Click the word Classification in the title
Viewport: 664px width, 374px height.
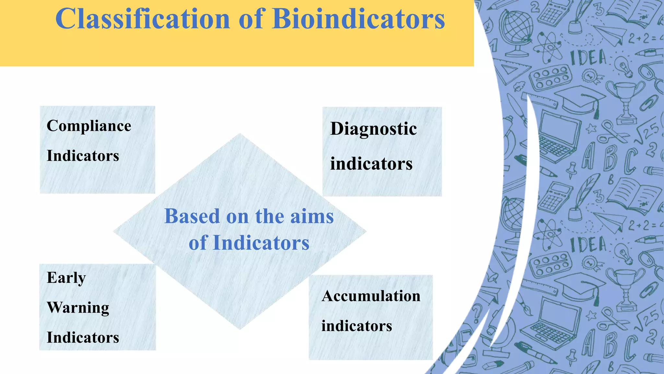pos(142,19)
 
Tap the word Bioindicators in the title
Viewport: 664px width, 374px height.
pos(359,19)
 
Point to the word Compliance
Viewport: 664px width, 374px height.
pos(89,126)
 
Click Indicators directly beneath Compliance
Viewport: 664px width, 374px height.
pos(83,156)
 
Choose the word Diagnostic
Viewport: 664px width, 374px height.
pos(373,129)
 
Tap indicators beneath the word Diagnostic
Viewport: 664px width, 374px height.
pos(371,164)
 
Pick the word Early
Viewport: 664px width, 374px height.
pos(66,278)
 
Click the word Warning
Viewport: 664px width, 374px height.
pos(78,308)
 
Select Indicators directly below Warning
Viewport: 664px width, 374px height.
pos(83,338)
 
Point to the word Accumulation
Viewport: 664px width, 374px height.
pos(371,296)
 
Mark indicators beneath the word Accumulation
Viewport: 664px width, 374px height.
pos(357,326)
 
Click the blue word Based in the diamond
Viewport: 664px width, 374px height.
pos(192,216)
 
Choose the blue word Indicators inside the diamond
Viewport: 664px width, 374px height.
pos(261,243)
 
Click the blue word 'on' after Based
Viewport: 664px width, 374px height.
pos(237,217)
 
